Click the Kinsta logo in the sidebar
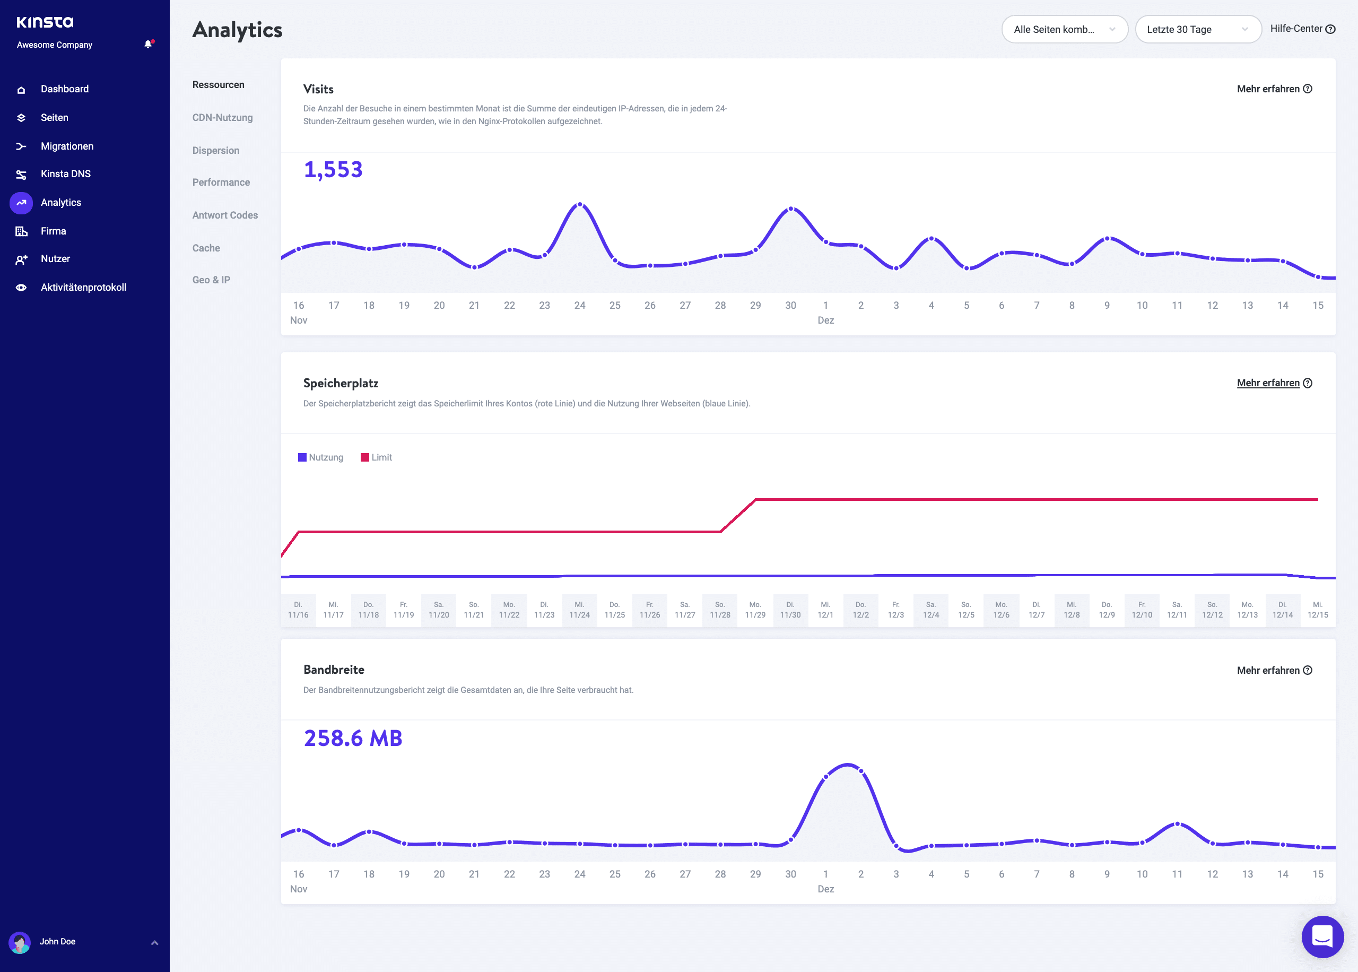click(x=45, y=22)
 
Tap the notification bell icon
click(x=148, y=44)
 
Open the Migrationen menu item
click(x=66, y=146)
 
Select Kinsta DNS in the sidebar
click(x=65, y=173)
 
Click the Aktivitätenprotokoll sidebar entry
click(x=83, y=287)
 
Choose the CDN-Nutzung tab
click(x=222, y=117)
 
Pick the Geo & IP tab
click(x=211, y=280)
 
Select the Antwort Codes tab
click(x=225, y=215)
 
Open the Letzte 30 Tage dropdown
click(x=1197, y=29)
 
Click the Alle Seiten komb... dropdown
click(x=1064, y=29)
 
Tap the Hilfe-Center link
click(x=1302, y=29)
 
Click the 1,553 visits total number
click(x=333, y=169)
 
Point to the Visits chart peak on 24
click(x=579, y=205)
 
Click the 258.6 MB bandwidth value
click(x=353, y=738)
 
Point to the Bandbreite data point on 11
click(x=1177, y=824)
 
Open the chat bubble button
click(x=1322, y=936)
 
